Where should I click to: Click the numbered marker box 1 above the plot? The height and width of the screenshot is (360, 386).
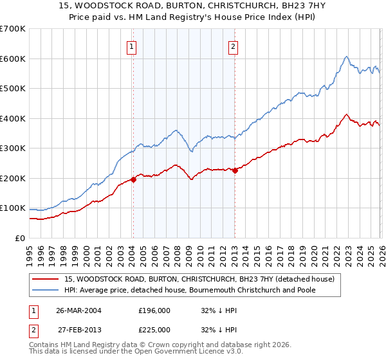[132, 46]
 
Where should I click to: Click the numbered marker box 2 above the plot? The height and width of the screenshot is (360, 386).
[232, 46]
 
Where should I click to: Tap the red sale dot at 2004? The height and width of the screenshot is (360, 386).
[133, 179]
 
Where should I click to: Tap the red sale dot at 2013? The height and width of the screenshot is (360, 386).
[235, 170]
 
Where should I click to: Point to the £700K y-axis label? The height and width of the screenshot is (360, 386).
[13, 29]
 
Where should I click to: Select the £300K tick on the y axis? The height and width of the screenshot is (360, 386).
[13, 148]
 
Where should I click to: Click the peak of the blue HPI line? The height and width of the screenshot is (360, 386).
[346, 57]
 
